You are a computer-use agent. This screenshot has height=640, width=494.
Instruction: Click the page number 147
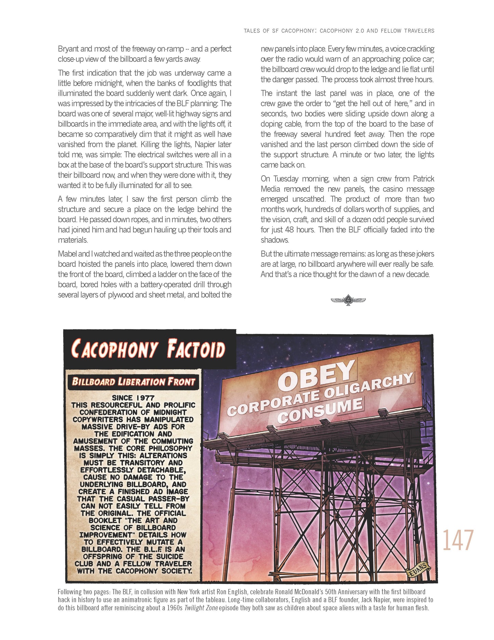pyautogui.click(x=458, y=540)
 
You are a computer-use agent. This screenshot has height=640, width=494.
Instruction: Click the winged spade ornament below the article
pyautogui.click(x=348, y=300)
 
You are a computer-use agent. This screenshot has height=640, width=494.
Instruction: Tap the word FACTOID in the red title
pyautogui.click(x=196, y=349)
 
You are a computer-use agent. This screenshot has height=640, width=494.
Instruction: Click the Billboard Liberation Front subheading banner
pyautogui.click(x=133, y=381)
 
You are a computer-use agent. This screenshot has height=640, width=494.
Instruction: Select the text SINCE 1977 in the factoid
pyautogui.click(x=133, y=398)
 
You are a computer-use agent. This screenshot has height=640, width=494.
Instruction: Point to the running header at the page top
pyautogui.click(x=339, y=31)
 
